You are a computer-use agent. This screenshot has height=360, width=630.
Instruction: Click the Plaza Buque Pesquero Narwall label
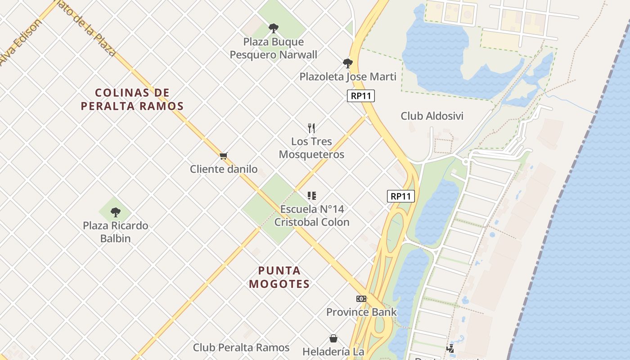tap(273, 49)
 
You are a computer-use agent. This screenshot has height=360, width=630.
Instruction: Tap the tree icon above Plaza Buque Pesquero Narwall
tap(273, 28)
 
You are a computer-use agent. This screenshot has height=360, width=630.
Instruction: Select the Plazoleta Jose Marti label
tap(348, 76)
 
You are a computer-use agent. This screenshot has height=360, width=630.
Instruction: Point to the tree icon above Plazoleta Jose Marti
tap(347, 63)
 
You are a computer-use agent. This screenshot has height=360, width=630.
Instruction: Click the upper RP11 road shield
tap(361, 96)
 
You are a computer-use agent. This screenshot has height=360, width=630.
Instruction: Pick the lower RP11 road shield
tap(400, 196)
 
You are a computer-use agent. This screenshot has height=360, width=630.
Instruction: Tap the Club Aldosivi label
tap(432, 116)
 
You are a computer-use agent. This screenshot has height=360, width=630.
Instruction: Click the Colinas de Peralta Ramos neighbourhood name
tap(132, 99)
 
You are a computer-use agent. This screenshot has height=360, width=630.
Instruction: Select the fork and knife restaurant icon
tap(311, 128)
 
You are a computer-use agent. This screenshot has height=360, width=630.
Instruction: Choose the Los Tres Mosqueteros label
tap(311, 148)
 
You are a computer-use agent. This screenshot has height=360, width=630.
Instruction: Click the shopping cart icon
tap(224, 156)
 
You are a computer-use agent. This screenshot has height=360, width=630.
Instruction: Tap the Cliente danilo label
tap(224, 169)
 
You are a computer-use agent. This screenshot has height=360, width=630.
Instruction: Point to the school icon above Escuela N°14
tap(312, 196)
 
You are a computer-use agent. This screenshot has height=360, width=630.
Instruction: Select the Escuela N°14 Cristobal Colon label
tap(312, 216)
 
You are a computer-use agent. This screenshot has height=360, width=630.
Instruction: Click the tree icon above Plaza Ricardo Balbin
tap(116, 212)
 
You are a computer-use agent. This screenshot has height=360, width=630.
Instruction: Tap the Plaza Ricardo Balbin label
tap(116, 232)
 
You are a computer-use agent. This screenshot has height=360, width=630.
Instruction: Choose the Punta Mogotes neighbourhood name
tap(279, 277)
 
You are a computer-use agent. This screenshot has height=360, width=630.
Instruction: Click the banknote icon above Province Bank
tap(361, 299)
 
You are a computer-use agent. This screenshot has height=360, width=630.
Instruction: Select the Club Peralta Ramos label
tap(241, 347)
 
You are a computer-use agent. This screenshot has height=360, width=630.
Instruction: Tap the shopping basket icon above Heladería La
tap(333, 338)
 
